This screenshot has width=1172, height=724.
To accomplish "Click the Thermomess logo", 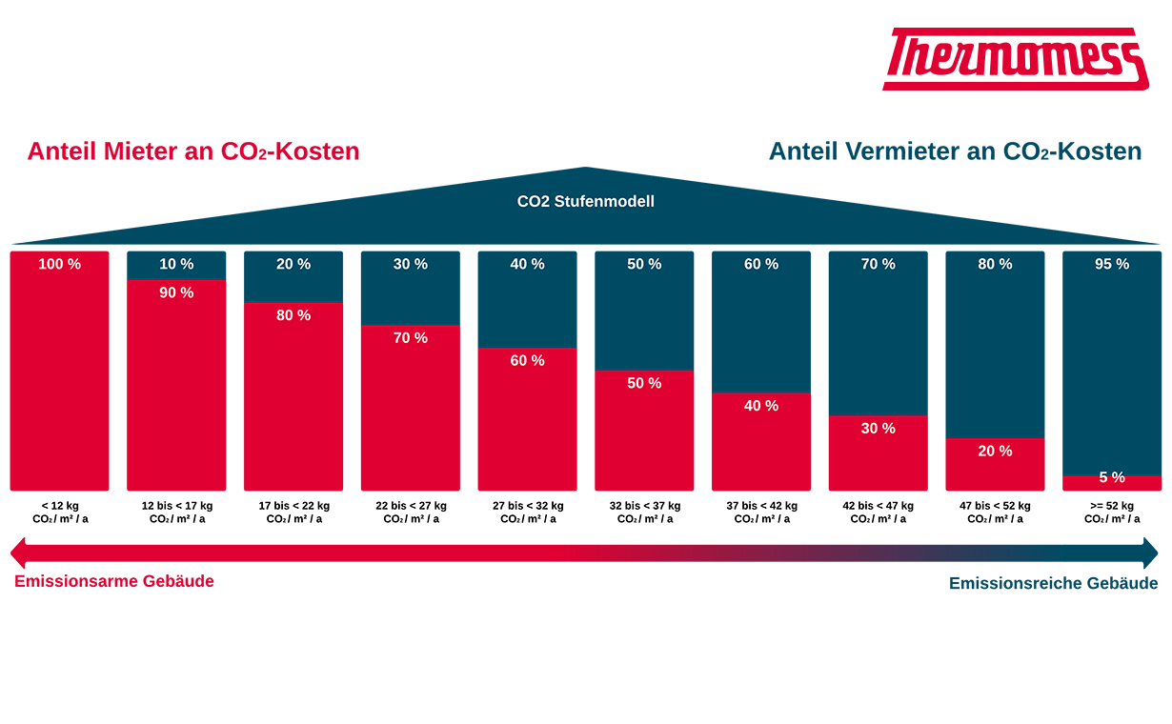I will [1015, 59].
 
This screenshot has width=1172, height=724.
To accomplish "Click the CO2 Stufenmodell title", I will [585, 202].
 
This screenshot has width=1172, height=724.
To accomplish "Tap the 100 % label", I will [59, 264].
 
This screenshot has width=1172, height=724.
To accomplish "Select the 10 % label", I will [176, 264].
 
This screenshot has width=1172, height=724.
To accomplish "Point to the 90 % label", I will [176, 292].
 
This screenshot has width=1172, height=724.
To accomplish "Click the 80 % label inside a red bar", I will [293, 315].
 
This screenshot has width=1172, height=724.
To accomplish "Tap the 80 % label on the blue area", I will [995, 264].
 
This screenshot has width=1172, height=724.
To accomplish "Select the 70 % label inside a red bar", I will [411, 338].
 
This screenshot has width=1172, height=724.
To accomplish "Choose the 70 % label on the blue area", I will [878, 264].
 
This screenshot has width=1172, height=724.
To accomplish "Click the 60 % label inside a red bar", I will [527, 361].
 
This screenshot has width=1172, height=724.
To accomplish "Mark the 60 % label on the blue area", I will [761, 264].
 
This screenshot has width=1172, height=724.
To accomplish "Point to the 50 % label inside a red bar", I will [644, 383].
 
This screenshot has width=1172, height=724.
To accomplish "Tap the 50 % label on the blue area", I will [644, 264].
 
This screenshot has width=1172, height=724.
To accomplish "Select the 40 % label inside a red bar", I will [761, 406].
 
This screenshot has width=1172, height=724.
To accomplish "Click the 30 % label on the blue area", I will [411, 264].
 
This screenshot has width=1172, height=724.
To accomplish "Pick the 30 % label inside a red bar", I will [878, 429].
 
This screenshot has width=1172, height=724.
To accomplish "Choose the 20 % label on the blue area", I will [293, 264].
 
